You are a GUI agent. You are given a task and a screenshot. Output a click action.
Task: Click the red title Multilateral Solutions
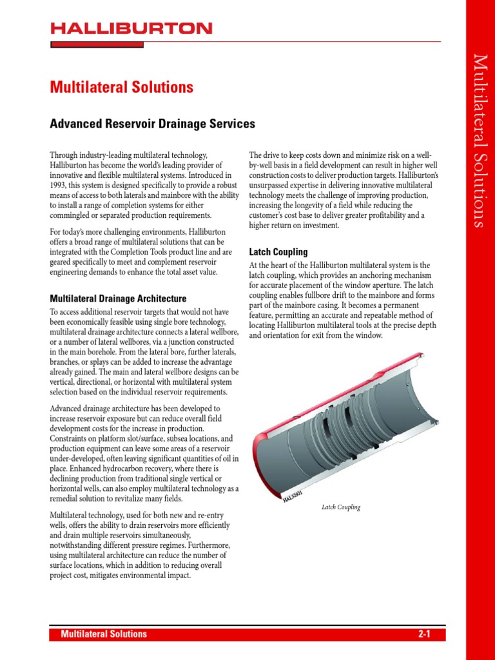pyautogui.click(x=122, y=86)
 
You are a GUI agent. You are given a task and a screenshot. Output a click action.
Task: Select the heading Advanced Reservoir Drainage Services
pyautogui.click(x=153, y=124)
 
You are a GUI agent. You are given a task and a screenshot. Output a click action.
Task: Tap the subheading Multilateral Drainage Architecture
pyautogui.click(x=118, y=298)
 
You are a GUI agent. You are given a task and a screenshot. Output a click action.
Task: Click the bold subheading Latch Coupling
pyautogui.click(x=278, y=252)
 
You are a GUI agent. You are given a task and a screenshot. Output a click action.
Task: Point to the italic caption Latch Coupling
pyautogui.click(x=341, y=507)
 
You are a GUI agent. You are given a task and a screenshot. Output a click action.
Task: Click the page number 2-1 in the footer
pyautogui.click(x=423, y=634)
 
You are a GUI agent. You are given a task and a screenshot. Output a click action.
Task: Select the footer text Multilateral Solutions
pyautogui.click(x=104, y=634)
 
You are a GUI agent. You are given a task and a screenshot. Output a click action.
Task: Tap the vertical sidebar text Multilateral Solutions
pyautogui.click(x=480, y=141)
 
